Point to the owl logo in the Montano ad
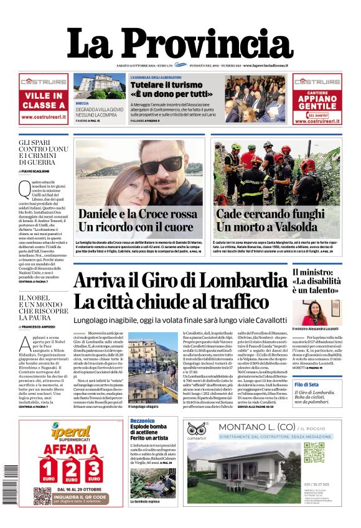coord(197,428)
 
